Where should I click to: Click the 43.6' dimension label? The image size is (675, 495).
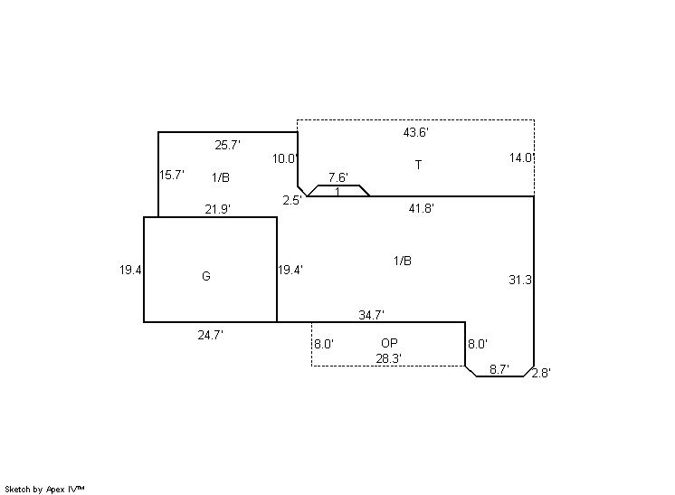[416, 133]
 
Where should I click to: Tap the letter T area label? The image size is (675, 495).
[418, 165]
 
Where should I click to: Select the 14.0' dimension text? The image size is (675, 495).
[522, 158]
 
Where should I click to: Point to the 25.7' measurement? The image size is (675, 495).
[227, 145]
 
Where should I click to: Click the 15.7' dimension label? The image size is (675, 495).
[172, 176]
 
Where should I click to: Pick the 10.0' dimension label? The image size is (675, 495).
[285, 159]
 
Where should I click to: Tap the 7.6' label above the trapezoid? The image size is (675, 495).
[338, 177]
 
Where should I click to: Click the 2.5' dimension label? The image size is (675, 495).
[292, 200]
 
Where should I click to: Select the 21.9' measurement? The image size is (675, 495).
[217, 209]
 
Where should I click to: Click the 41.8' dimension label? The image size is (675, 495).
[421, 208]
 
